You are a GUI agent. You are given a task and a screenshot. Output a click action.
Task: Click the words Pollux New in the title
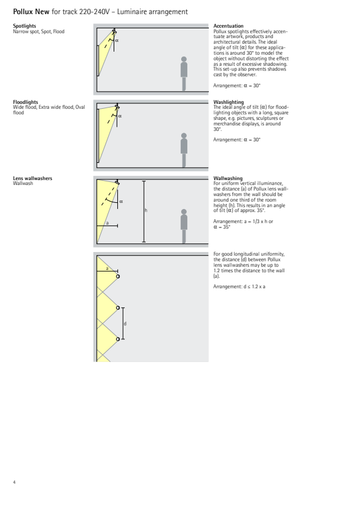[31, 12]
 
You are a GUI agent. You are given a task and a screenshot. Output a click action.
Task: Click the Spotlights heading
[25, 26]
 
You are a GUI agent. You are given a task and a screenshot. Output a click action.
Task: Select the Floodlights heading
[25, 102]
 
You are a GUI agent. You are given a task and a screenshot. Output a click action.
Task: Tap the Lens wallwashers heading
[33, 178]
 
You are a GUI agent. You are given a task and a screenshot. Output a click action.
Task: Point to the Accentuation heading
[229, 26]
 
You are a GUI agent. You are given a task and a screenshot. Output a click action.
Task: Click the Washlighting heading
[229, 102]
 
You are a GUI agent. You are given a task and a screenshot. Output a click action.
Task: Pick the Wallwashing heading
[228, 178]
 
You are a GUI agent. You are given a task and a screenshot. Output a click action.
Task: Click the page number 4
[14, 482]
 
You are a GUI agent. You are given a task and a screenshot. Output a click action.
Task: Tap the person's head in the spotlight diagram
[184, 59]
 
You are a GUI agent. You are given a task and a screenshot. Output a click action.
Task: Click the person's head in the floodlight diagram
[184, 135]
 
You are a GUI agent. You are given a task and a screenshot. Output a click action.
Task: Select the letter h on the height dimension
[146, 210]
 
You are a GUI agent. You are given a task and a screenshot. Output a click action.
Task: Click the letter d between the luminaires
[125, 323]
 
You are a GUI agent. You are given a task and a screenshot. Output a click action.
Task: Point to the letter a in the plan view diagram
[107, 269]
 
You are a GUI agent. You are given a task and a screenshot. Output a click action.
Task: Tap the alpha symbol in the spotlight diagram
[117, 41]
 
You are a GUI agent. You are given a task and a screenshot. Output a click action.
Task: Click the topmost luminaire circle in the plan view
[118, 277]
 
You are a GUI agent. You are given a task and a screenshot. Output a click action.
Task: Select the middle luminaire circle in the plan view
[118, 308]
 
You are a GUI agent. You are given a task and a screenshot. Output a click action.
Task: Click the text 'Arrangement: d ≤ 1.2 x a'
[239, 286]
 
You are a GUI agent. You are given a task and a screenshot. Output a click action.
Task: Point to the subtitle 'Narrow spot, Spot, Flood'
[39, 31]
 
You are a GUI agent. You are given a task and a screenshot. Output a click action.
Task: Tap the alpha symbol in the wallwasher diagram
[121, 202]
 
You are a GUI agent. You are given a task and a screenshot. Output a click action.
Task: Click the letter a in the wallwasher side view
[107, 223]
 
